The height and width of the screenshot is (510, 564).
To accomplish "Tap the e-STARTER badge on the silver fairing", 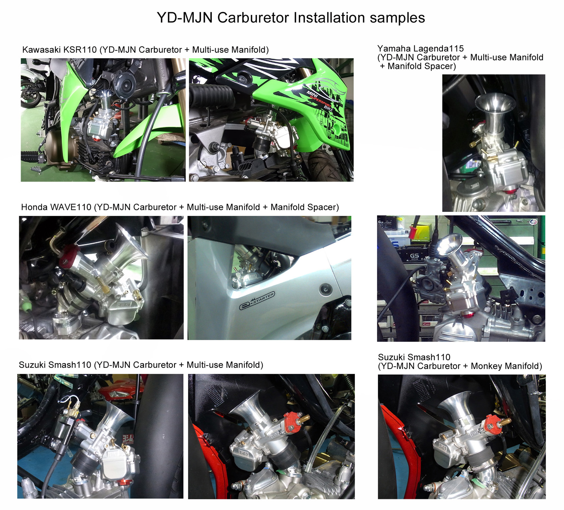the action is [x=257, y=301].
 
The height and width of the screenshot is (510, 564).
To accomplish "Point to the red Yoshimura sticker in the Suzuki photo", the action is [x=128, y=439].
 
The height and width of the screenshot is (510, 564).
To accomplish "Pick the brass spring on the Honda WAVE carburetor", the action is [x=100, y=282].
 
